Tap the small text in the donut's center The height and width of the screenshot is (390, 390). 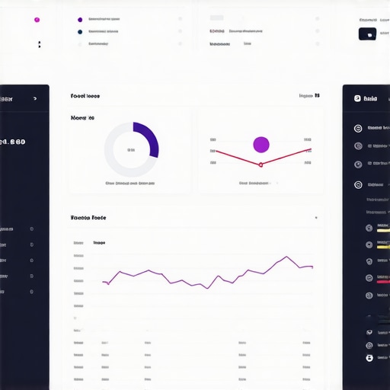tap(130, 149)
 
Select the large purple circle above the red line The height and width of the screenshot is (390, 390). tap(261, 144)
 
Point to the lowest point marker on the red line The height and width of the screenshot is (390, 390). tap(261, 165)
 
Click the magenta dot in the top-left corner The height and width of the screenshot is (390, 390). tap(37, 20)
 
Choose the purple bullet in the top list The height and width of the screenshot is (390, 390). tap(80, 20)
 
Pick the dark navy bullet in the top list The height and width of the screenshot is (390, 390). tap(80, 32)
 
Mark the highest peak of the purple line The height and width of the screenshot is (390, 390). tap(287, 257)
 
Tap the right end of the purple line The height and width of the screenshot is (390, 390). tap(312, 267)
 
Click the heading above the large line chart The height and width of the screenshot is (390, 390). tap(88, 218)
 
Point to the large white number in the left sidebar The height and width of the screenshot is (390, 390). tap(13, 142)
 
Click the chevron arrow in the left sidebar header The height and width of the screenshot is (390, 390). tap(35, 98)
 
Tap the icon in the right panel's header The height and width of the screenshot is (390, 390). tap(356, 98)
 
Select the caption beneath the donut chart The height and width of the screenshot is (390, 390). tap(130, 184)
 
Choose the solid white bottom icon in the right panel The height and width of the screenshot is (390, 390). tap(369, 357)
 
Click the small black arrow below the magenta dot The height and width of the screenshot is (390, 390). tap(39, 45)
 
